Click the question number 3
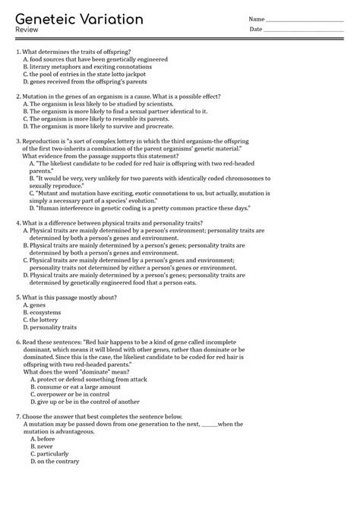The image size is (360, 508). point(18,140)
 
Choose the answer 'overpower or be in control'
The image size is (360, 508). point(79,394)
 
